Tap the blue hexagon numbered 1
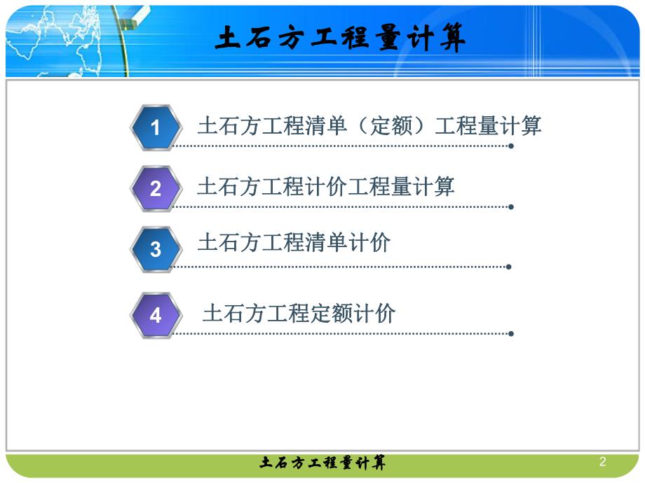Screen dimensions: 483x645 tap(156, 127)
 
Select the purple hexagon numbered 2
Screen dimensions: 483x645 tap(156, 188)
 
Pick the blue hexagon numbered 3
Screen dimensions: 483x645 tap(156, 249)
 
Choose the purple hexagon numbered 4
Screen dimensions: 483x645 tap(156, 316)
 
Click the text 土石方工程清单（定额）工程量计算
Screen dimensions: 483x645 tap(369, 126)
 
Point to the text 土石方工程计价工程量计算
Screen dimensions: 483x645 tap(325, 186)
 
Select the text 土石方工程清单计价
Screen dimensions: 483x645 tap(294, 242)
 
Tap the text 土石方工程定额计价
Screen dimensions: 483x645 tap(299, 313)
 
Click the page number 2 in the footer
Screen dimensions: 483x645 tap(602, 462)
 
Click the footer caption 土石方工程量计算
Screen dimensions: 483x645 tap(322, 463)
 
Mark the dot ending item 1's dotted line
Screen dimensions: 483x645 tap(511, 146)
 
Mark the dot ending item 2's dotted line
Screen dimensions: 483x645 tap(511, 207)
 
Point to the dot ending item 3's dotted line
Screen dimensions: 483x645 tap(508, 267)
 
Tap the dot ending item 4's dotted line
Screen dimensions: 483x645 tap(511, 334)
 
